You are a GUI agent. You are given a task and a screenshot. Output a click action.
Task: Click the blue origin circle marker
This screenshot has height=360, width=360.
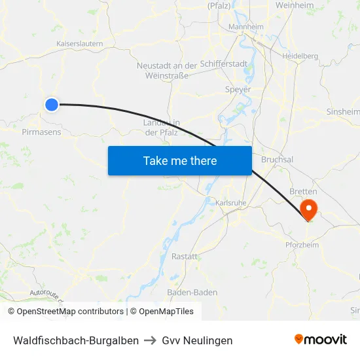(51, 104)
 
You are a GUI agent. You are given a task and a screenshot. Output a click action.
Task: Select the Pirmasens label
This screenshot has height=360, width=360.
(41, 132)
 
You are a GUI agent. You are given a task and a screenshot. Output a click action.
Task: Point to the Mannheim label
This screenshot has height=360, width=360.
(245, 27)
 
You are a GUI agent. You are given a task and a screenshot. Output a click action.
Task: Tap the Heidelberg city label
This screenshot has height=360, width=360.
(300, 56)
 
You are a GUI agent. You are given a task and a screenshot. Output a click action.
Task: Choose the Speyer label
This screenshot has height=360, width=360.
(238, 89)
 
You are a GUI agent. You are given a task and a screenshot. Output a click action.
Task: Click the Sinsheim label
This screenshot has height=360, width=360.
(342, 112)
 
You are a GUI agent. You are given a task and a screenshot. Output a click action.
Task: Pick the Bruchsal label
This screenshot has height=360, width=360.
(277, 159)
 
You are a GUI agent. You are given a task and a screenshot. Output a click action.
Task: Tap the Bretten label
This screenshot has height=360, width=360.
(302, 191)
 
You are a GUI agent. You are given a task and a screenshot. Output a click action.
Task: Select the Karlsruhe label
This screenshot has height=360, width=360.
(230, 203)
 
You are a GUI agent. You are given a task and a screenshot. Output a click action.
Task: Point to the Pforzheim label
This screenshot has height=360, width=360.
(302, 245)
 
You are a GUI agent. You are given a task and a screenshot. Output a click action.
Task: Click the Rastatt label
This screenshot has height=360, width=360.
(185, 257)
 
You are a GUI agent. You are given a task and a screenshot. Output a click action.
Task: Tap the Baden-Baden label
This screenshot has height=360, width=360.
(192, 292)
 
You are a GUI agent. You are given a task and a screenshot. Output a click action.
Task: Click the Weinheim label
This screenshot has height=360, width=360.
(295, 5)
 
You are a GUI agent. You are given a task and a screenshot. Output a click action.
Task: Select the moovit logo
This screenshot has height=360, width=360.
(321, 340)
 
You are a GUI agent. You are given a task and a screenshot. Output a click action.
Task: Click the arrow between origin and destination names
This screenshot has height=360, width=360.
(151, 340)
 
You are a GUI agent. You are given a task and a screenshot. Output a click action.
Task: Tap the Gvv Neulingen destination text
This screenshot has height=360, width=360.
(197, 340)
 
